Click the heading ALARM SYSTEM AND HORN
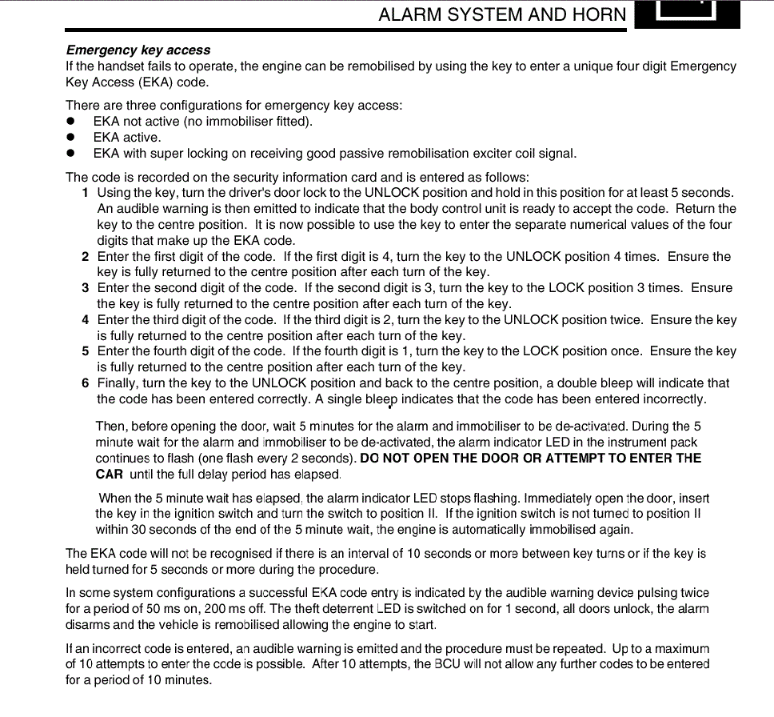(x=502, y=15)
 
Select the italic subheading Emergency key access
(x=138, y=50)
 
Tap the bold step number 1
(x=85, y=193)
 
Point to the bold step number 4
(x=85, y=320)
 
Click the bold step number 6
(x=85, y=383)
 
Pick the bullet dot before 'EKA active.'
(x=70, y=138)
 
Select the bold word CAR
(x=110, y=475)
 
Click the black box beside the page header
(x=687, y=14)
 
